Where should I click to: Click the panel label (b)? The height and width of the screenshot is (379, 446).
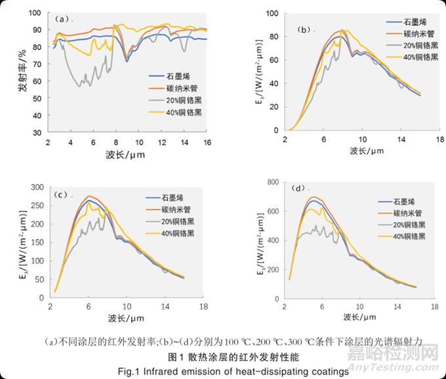click(x=304, y=29)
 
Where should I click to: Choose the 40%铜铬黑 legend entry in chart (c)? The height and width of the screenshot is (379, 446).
click(x=178, y=234)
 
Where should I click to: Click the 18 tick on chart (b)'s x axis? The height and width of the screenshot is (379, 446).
click(x=440, y=139)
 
